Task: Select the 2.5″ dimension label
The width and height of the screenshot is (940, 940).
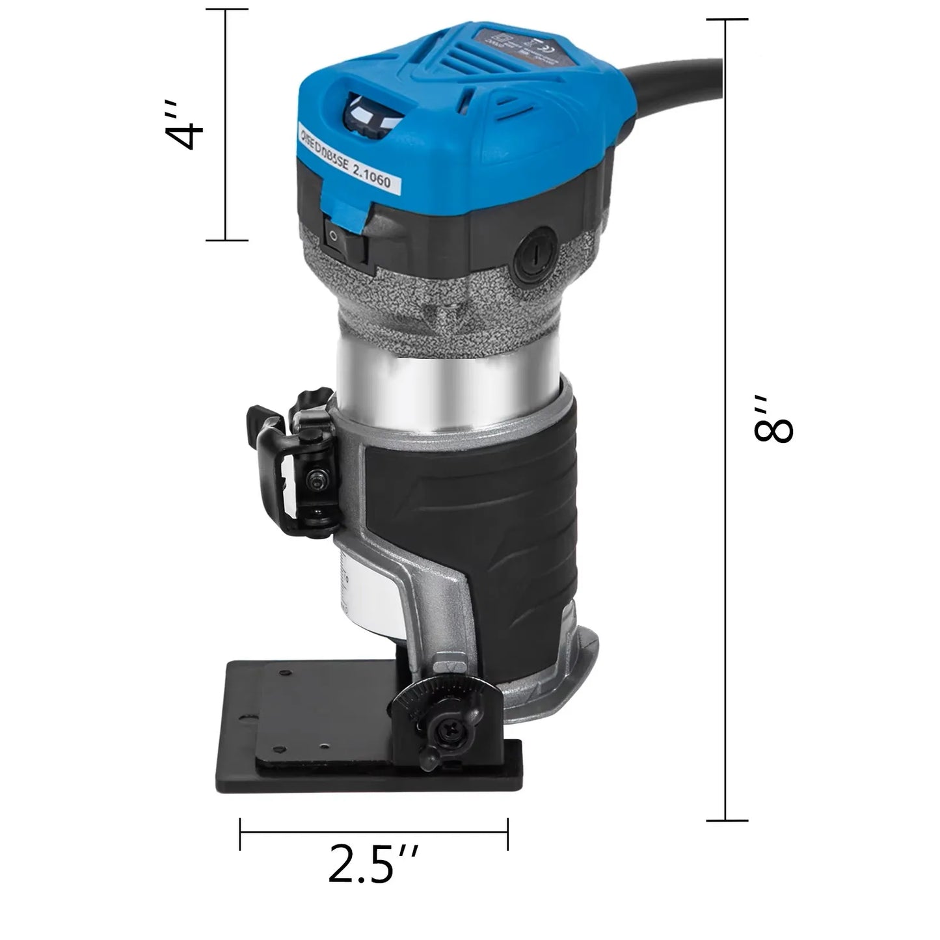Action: click(370, 863)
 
